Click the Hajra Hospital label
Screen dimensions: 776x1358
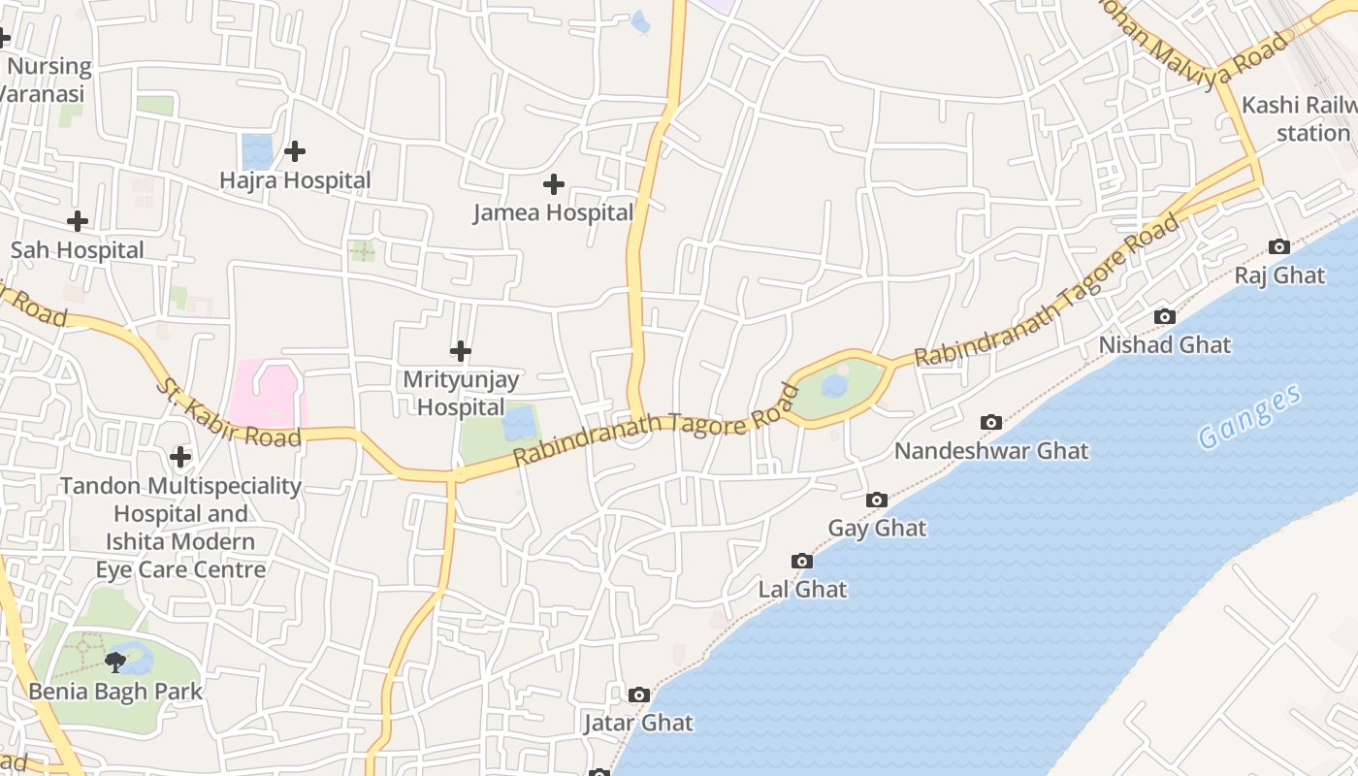(x=295, y=180)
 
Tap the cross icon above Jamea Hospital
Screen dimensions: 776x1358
(x=553, y=183)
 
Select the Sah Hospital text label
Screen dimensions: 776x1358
(x=78, y=250)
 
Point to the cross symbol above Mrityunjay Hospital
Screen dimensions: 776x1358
(x=461, y=350)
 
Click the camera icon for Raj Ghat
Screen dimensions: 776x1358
(x=1279, y=246)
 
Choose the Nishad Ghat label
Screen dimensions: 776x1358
(x=1164, y=344)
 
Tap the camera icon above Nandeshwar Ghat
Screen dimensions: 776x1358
(x=990, y=422)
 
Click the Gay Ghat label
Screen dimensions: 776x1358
(x=877, y=528)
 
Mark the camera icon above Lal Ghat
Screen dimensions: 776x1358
(x=801, y=561)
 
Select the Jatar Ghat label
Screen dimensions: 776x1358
(x=638, y=723)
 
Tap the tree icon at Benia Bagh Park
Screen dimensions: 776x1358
(x=115, y=663)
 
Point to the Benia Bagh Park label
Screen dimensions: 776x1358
(x=115, y=692)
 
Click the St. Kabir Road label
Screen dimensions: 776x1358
(x=228, y=412)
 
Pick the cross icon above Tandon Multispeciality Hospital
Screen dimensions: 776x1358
(x=179, y=456)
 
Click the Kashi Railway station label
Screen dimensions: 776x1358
(x=1300, y=118)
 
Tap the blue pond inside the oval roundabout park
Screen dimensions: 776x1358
(x=834, y=386)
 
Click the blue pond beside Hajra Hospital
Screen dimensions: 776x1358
(x=257, y=151)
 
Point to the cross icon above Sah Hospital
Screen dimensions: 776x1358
(x=78, y=221)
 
